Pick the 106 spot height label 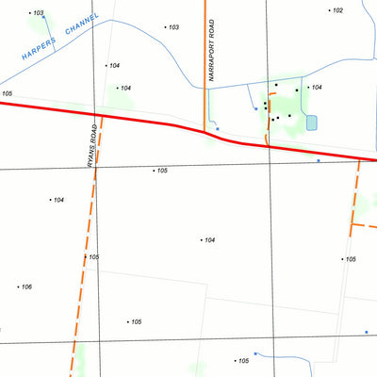[x=25, y=287]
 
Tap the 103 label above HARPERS [x=38, y=13]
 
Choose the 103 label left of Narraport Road [x=172, y=27]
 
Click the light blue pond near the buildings [x=312, y=123]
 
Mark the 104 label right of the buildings [x=316, y=87]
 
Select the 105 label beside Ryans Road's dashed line [x=93, y=256]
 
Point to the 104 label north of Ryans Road [x=114, y=65]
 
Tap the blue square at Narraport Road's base [x=218, y=128]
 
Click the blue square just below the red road [x=319, y=160]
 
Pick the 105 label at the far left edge [x=7, y=94]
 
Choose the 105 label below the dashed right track [x=350, y=259]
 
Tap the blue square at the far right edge [x=367, y=332]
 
